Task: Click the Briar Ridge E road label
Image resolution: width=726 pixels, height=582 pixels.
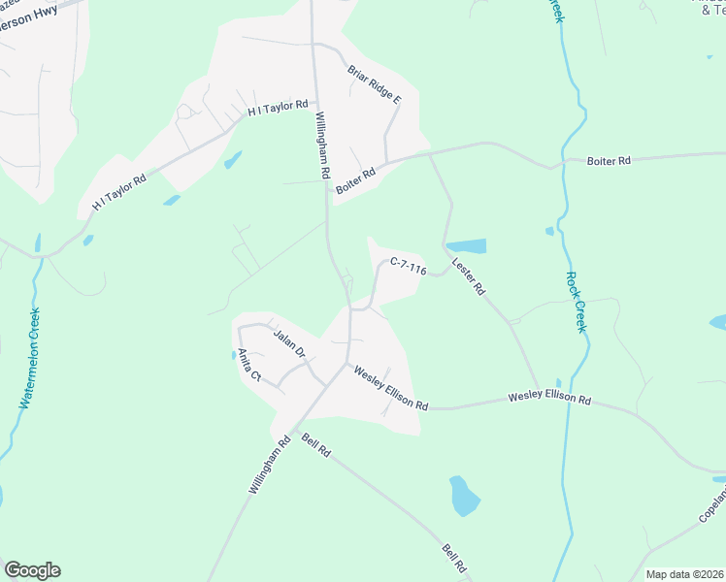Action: point(374,84)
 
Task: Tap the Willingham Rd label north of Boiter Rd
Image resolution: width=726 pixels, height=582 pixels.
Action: point(320,145)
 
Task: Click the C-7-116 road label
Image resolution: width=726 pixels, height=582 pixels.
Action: point(409,265)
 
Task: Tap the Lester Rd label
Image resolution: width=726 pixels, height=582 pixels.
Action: point(468,276)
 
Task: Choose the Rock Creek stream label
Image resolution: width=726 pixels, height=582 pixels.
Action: point(575,301)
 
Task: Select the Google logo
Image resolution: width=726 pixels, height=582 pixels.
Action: point(32,570)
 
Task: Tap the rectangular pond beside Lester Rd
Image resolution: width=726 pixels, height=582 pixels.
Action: point(466,245)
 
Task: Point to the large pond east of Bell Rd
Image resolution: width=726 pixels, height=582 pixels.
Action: point(465,495)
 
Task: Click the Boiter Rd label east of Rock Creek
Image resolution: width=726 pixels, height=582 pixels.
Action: point(609,160)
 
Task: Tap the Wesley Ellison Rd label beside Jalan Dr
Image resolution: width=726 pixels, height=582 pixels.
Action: point(390,388)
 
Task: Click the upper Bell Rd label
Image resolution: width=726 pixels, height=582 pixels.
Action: point(316,445)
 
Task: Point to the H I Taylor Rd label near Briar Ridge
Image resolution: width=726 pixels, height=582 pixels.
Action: point(278,109)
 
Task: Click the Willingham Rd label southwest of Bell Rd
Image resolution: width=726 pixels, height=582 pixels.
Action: point(269,467)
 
